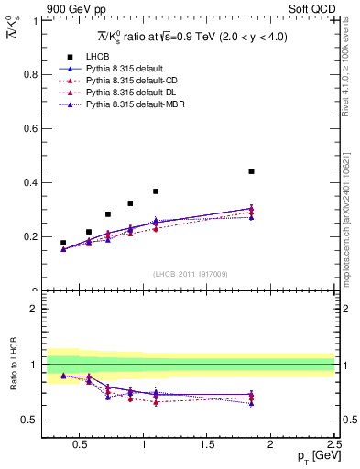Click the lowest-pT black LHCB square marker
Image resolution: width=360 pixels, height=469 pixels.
pyautogui.click(x=63, y=243)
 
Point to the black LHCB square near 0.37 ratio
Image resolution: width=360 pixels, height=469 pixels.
pyautogui.click(x=156, y=191)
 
